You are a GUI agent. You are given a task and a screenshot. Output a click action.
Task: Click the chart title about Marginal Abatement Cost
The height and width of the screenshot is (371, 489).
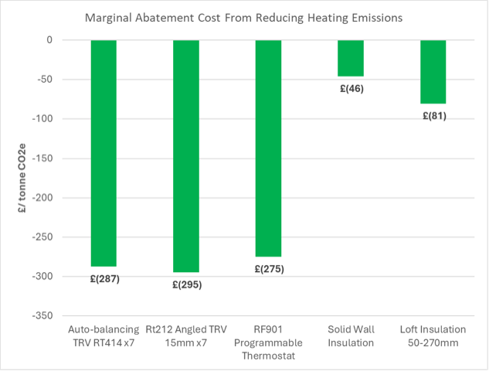[244, 17]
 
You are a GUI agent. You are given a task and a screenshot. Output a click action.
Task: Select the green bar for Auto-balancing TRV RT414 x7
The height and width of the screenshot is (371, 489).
[104, 153]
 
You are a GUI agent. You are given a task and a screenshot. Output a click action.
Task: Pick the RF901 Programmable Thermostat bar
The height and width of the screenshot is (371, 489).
[268, 148]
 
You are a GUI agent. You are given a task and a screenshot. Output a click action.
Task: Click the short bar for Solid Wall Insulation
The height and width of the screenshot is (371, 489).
[351, 58]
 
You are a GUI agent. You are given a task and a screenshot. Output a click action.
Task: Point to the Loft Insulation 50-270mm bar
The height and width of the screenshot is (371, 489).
[433, 72]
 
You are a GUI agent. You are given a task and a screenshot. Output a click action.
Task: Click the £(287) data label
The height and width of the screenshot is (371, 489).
[104, 278]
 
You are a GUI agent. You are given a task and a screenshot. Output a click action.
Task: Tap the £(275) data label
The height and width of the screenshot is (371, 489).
[268, 269]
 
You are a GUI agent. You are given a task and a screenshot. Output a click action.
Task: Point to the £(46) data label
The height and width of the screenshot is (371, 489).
[351, 88]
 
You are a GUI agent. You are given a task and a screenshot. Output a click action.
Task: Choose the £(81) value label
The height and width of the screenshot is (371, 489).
[433, 116]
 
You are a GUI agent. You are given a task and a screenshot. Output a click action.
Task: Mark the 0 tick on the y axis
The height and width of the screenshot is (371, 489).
[48, 40]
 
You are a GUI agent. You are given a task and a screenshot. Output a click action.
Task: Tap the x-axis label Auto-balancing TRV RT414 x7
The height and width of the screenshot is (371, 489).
[104, 335]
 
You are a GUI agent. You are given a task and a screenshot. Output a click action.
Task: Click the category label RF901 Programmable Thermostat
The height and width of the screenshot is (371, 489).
[268, 342]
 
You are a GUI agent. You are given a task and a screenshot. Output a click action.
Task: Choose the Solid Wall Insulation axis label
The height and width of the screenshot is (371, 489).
[351, 335]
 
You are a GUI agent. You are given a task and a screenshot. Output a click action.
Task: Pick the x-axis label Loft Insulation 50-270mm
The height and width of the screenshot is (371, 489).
[433, 335]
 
